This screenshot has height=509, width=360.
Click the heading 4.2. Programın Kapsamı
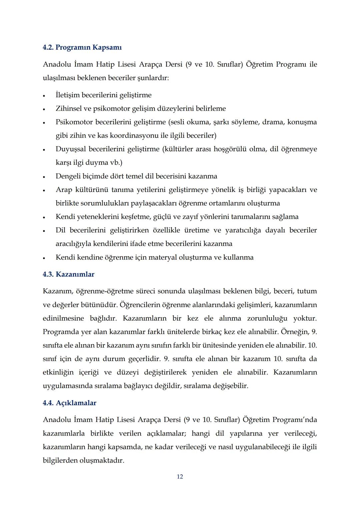click(x=82, y=47)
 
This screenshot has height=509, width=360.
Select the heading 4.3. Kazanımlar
click(x=68, y=274)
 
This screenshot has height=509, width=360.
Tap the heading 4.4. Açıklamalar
click(x=69, y=403)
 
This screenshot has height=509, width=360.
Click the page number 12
click(x=180, y=477)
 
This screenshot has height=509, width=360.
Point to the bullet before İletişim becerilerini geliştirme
click(x=44, y=96)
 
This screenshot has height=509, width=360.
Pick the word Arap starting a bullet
click(x=64, y=190)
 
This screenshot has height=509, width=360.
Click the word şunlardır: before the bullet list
click(x=151, y=78)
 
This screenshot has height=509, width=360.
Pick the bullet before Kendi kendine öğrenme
click(x=44, y=258)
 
